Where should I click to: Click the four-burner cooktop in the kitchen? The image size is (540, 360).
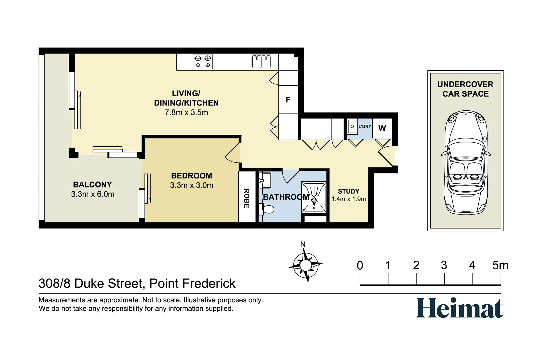click(203, 62)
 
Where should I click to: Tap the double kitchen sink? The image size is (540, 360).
click(261, 62)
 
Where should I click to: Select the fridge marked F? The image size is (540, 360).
click(288, 100)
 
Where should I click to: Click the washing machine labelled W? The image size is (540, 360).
click(382, 128)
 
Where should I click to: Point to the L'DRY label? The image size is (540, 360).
click(365, 126)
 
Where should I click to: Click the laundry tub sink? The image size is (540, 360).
click(352, 126)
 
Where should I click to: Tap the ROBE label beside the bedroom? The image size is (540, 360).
click(247, 198)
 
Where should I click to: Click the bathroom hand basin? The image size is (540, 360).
click(265, 180)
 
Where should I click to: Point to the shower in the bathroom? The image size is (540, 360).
click(314, 197)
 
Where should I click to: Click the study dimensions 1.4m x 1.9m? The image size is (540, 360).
click(349, 199)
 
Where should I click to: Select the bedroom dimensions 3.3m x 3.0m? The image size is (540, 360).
click(192, 185)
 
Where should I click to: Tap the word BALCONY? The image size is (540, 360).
click(93, 185)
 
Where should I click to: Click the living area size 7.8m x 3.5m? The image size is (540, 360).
click(186, 112)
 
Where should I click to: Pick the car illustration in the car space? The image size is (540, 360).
click(466, 163)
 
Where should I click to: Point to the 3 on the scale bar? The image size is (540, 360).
click(444, 265)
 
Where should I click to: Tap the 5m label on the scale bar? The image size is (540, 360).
click(500, 265)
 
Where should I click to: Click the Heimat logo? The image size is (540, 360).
click(459, 308)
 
